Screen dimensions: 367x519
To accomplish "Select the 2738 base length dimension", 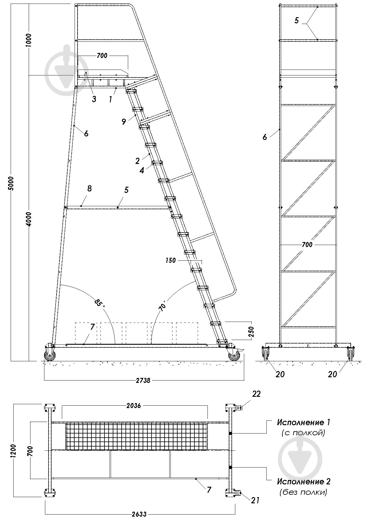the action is point(143,381).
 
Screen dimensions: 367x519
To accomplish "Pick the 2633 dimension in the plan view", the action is point(139,514).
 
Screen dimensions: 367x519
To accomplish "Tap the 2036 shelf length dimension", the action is point(133,405).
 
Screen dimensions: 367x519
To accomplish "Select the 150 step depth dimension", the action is point(170,260).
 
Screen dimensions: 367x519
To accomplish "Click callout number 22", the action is point(256,394).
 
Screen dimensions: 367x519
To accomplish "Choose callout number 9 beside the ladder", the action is point(124,121).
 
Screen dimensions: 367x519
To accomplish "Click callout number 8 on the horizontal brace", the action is point(89,188).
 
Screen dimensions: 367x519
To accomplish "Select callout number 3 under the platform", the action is point(94,99).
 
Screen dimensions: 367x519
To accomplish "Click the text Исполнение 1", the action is point(303,422).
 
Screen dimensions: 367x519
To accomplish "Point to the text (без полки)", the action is point(303,493).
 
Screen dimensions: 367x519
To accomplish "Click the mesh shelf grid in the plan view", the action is point(136,436).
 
